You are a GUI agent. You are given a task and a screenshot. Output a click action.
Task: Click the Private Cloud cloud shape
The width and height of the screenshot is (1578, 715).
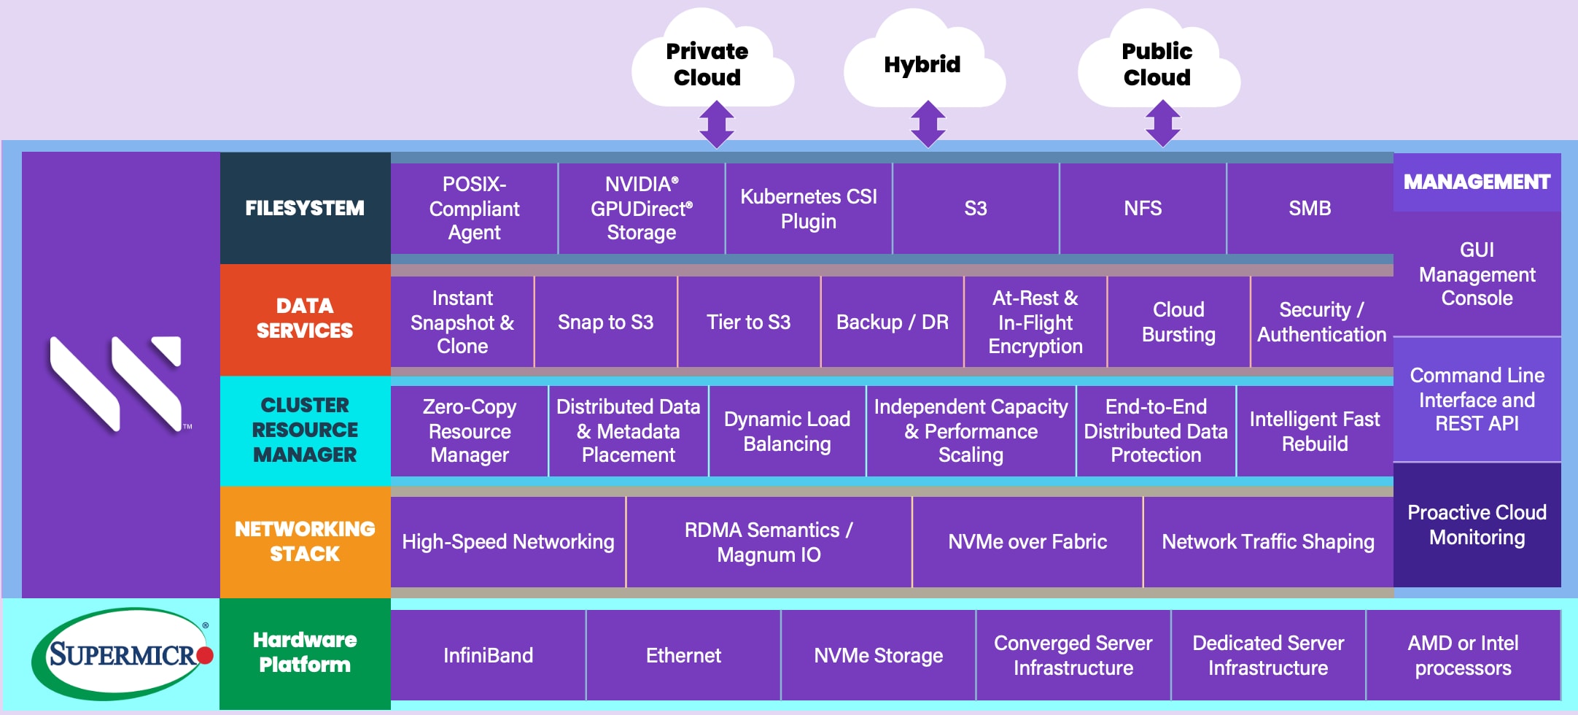point(707,64)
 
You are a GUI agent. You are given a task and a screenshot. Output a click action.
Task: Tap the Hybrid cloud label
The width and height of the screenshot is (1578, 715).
point(922,64)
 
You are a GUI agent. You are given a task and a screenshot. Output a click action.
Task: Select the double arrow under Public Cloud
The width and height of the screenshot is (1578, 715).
point(1162,123)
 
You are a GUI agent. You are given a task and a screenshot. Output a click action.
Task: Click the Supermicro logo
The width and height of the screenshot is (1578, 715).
point(122,654)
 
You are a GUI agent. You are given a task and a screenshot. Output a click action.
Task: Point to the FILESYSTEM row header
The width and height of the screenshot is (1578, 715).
point(305,208)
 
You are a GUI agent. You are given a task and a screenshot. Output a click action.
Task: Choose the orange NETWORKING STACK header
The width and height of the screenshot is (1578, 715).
point(305,541)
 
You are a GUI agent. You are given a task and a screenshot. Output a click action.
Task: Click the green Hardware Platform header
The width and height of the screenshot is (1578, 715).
point(305,653)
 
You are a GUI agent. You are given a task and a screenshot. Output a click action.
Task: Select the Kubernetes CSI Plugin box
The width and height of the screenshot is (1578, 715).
point(808,209)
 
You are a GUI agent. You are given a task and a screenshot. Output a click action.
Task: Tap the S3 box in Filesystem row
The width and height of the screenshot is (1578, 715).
point(975,209)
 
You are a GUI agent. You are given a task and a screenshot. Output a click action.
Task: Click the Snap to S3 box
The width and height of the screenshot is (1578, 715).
point(605,322)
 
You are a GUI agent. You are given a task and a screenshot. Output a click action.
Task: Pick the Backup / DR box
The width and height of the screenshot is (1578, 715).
point(892,322)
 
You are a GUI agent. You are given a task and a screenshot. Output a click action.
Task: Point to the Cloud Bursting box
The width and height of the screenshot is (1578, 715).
point(1178,322)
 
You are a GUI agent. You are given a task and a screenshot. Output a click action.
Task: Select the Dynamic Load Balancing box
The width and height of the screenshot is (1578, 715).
point(787,431)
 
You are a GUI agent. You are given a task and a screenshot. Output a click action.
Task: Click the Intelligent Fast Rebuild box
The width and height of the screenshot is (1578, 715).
point(1314,431)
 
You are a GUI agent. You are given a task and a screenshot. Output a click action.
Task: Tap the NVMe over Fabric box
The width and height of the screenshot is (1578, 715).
point(1027,541)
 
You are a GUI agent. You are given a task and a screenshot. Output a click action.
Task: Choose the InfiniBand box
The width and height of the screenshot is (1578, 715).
point(488,655)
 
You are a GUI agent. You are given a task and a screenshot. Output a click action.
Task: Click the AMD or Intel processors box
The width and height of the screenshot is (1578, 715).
point(1463,655)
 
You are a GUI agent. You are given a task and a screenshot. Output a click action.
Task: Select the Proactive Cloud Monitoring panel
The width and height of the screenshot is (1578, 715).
point(1477,525)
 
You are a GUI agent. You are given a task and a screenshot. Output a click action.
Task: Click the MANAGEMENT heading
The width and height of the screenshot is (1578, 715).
point(1477,182)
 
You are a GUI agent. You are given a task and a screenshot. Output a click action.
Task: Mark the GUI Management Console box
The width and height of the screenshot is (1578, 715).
point(1477,274)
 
